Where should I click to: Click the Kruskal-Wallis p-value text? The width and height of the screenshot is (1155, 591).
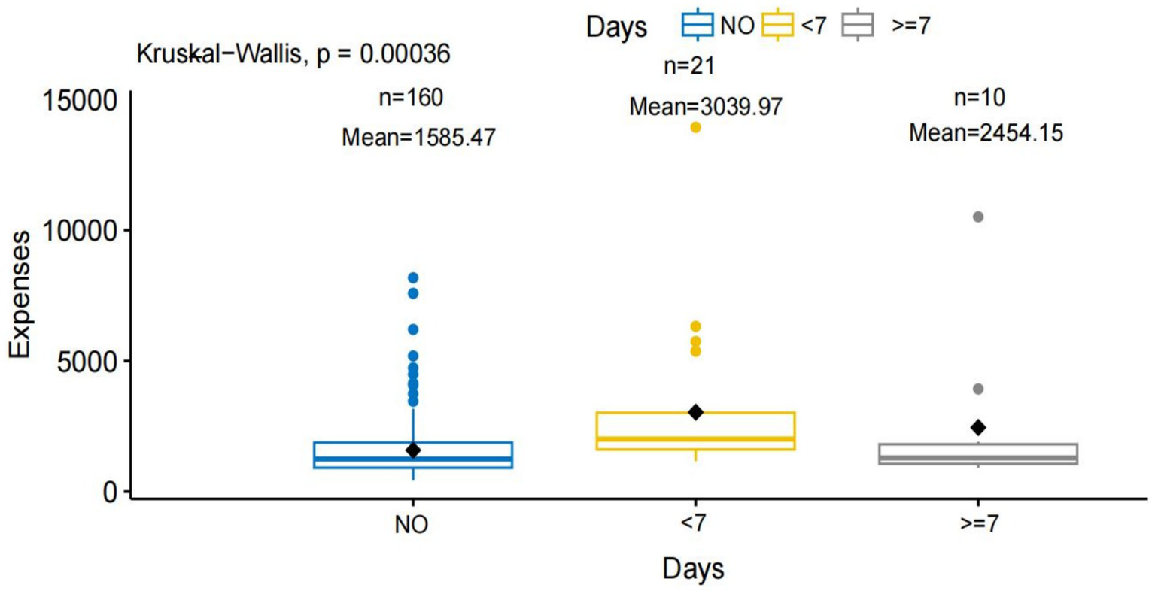pos(293,54)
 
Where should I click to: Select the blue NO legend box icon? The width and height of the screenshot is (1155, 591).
pos(697,25)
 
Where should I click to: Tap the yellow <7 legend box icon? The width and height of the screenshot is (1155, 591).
pos(778,25)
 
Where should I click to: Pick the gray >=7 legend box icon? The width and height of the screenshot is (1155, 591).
pos(858,25)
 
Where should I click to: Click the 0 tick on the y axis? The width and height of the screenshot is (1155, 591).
pos(111,492)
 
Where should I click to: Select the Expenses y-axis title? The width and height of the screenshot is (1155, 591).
pos(20,295)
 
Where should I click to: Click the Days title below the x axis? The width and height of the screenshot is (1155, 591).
pos(693,568)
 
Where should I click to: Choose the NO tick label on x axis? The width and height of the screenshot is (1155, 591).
pos(412,525)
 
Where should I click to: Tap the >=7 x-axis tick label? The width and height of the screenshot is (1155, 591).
pos(979,524)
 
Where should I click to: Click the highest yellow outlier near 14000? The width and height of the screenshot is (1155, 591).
pos(695,128)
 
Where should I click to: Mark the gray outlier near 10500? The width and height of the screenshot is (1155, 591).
pos(978,217)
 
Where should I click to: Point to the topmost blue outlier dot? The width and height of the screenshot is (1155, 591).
pos(413,278)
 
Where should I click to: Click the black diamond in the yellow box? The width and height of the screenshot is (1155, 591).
pos(695,412)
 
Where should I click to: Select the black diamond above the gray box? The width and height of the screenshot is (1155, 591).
pos(978,428)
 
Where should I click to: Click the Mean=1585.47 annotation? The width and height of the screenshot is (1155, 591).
pos(418,138)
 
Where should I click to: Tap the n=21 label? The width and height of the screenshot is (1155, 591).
pos(688,66)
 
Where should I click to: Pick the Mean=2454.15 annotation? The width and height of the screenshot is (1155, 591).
pos(986,133)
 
